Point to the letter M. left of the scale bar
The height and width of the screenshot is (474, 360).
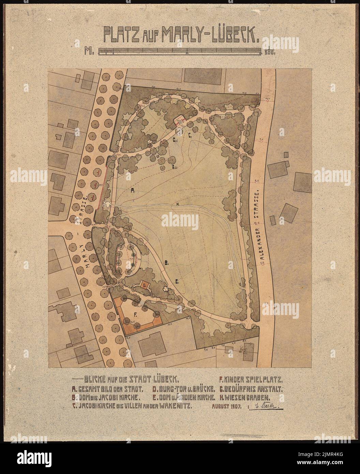(90, 51)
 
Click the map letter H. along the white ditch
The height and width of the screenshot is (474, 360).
(178, 204)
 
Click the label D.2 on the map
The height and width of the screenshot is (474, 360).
(174, 167)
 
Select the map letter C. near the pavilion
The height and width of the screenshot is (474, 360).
(191, 135)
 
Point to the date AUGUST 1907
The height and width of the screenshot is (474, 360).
(227, 406)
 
